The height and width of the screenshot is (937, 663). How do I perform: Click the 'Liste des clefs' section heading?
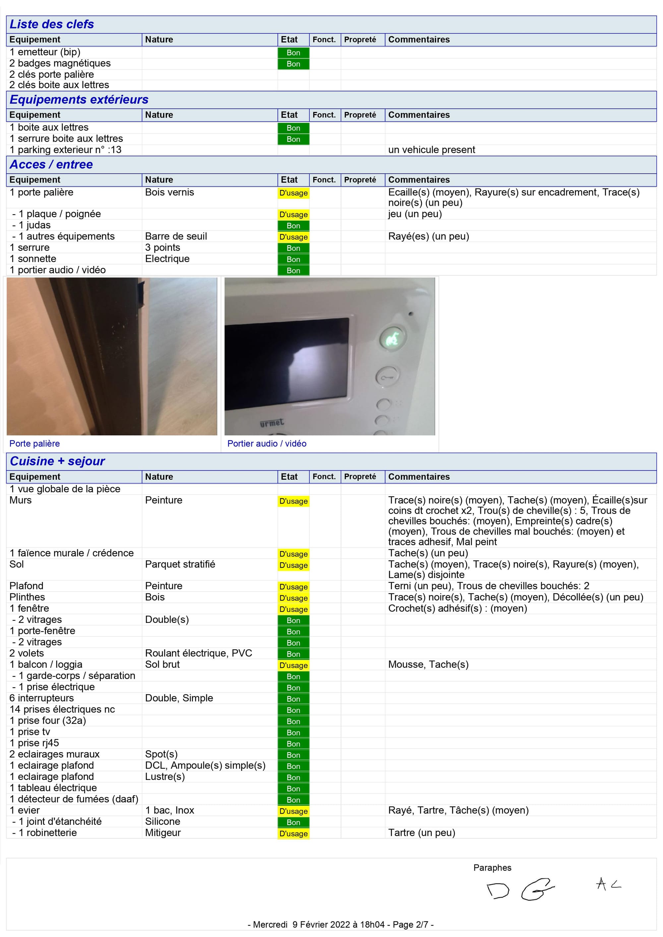click(52, 24)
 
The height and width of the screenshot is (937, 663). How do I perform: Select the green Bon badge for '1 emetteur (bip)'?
click(293, 53)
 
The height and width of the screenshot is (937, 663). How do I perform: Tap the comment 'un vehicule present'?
click(432, 150)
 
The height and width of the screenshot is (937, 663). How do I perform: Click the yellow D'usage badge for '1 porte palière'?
click(293, 193)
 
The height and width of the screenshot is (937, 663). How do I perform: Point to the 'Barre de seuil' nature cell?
click(176, 236)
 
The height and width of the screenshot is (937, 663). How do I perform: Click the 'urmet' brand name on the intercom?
click(272, 423)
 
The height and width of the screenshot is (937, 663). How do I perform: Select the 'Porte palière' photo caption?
click(35, 444)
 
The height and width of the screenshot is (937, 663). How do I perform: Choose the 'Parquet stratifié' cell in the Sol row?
click(180, 564)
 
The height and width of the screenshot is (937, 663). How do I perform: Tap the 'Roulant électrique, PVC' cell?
click(199, 653)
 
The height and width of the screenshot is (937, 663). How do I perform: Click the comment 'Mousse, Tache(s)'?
click(428, 664)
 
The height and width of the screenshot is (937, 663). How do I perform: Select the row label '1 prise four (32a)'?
click(48, 721)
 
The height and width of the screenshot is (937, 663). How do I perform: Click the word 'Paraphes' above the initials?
click(492, 868)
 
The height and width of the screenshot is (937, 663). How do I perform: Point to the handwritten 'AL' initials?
click(608, 884)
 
